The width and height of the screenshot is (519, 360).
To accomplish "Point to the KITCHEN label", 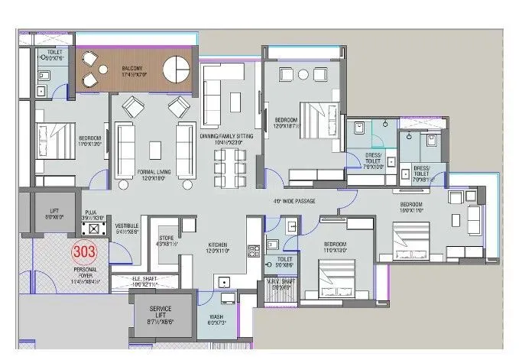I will pos(218,245).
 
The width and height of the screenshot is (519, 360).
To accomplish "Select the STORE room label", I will pos(166,241).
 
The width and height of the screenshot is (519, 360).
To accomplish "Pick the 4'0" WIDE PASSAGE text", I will pos(294,201).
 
